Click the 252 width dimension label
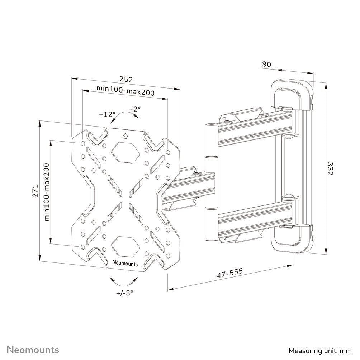126,79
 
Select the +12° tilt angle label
107,114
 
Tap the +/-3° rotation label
124,293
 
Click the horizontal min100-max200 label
125,92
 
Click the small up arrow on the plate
125,136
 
